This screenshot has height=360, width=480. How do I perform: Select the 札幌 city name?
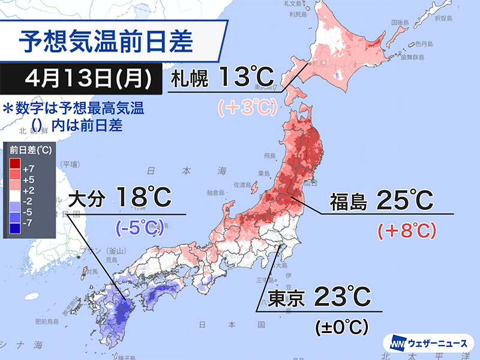190,78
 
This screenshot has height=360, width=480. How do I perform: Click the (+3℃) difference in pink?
246,107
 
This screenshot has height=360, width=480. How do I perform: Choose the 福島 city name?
349,202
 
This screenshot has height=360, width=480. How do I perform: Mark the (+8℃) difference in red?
405,230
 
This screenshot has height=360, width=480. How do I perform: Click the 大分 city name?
88,198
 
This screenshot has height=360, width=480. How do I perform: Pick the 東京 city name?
283,298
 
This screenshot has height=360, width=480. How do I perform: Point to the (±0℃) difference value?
341,327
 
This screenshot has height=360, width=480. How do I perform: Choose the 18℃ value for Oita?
143,198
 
